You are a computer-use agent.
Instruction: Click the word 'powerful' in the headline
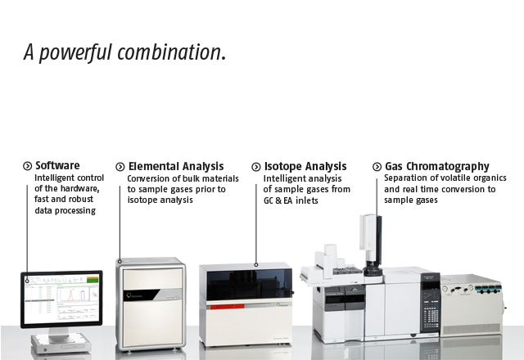75,52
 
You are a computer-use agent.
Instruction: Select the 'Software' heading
57,165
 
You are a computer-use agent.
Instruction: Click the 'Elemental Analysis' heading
176,166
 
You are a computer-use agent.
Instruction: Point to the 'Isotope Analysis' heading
305,166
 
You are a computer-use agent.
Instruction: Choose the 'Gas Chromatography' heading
437,166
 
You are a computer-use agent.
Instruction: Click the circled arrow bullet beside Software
27,165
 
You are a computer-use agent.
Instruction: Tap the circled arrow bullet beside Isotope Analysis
256,167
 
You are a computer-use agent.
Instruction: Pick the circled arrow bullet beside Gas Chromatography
377,166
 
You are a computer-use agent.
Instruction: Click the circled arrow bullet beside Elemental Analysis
120,167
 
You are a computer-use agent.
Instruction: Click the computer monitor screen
61,299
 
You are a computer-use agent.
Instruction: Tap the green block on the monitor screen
93,280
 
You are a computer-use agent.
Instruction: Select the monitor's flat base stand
61,344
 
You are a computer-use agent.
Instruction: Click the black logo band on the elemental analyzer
141,295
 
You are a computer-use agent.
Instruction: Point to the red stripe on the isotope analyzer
228,306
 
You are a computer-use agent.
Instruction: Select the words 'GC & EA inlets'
291,200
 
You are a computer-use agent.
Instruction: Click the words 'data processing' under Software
65,211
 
